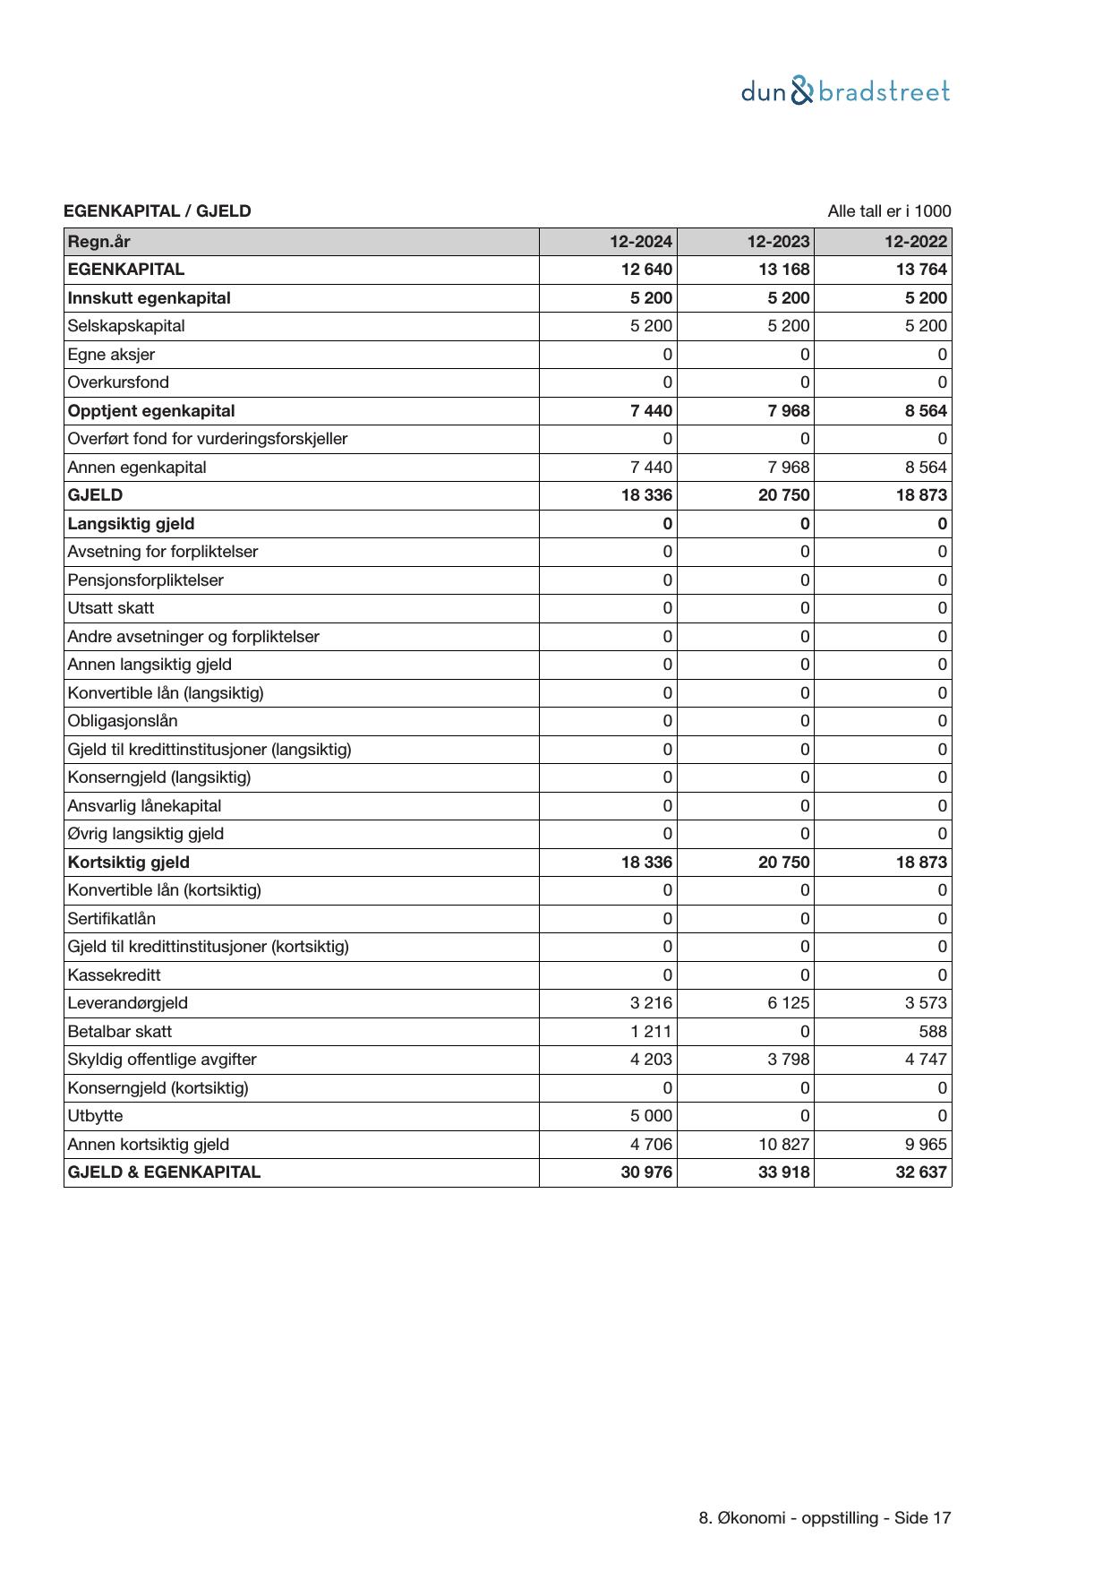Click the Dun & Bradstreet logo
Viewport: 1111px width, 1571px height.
(x=845, y=92)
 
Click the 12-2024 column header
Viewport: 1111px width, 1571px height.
(x=641, y=242)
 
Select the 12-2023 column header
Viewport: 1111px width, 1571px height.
(x=779, y=242)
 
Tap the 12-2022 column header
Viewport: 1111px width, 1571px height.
(x=916, y=242)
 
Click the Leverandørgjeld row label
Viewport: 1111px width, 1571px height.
(x=127, y=1003)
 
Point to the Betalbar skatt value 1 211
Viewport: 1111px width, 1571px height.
(x=651, y=1032)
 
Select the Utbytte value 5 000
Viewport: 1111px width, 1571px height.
(x=651, y=1116)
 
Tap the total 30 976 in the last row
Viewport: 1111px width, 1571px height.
(x=646, y=1172)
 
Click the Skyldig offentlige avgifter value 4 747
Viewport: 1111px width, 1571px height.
(x=926, y=1060)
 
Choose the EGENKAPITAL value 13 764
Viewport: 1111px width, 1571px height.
(x=921, y=270)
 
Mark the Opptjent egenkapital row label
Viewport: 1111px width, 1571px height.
(x=150, y=411)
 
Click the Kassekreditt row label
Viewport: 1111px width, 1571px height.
(x=114, y=975)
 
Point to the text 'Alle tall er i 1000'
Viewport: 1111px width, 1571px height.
(x=889, y=211)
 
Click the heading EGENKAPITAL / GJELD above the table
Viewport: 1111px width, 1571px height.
(x=157, y=211)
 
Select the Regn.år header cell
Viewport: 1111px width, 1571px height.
(x=98, y=242)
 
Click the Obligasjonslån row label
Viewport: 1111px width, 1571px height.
(x=122, y=721)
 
